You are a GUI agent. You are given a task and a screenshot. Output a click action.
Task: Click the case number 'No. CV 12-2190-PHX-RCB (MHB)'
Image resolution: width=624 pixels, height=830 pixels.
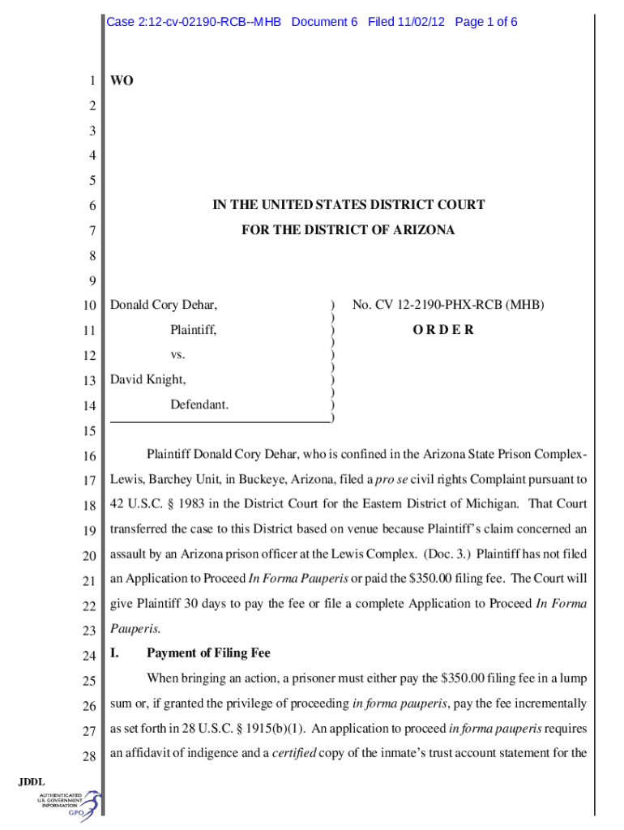[448, 306]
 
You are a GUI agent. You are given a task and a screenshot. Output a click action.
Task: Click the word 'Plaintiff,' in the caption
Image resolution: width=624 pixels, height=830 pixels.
[193, 330]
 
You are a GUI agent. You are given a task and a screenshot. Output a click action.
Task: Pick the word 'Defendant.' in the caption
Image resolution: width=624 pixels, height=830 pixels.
[199, 404]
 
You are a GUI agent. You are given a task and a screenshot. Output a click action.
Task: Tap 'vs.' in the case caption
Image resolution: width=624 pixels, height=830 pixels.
[177, 354]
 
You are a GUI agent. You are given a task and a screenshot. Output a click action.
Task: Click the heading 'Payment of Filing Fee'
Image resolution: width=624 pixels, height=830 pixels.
[208, 653]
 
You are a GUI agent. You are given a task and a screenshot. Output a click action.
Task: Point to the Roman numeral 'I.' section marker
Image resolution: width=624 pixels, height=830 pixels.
[115, 653]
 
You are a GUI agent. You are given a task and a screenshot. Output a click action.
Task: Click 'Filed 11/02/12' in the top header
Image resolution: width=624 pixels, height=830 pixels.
[406, 22]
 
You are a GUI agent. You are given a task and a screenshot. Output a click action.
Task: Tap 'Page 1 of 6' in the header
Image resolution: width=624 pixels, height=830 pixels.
[486, 22]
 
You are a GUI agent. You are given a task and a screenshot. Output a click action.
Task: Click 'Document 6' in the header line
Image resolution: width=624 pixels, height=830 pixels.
[324, 22]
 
